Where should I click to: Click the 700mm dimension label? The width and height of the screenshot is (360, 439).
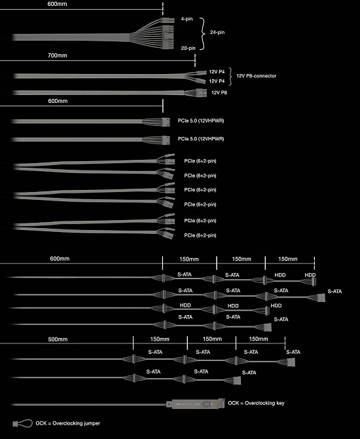tap(58, 56)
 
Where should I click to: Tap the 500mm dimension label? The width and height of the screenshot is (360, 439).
tap(58, 339)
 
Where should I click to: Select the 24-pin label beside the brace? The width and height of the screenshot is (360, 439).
tap(217, 32)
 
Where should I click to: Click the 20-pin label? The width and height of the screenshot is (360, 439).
tap(188, 48)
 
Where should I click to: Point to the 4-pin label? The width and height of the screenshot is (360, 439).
tap(187, 19)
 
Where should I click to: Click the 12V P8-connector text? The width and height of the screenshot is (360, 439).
tap(256, 76)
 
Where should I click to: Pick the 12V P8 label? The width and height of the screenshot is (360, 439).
tap(219, 92)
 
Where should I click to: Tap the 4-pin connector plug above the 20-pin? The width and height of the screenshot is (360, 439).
tap(168, 20)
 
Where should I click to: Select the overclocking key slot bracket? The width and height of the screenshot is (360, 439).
tap(195, 404)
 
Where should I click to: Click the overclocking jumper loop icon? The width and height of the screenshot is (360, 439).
tap(22, 423)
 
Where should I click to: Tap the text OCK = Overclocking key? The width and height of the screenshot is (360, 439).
tap(256, 403)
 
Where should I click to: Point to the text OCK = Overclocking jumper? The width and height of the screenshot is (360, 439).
tap(67, 423)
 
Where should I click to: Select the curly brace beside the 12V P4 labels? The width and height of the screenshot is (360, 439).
tap(231, 76)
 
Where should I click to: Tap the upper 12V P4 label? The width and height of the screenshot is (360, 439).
tap(217, 71)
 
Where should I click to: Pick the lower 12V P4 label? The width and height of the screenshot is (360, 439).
tap(217, 81)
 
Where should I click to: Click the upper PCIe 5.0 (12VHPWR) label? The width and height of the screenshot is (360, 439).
tap(201, 121)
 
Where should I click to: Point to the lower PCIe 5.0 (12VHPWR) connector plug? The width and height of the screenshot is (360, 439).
tap(166, 140)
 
